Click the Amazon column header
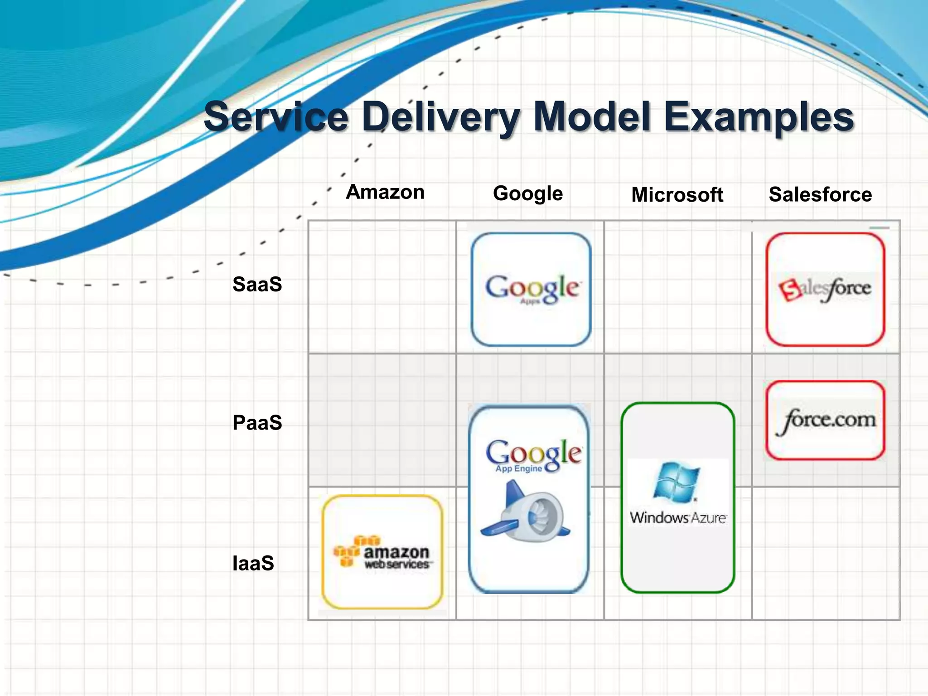(385, 193)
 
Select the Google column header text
(528, 194)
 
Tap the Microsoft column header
(677, 195)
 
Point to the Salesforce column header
(820, 195)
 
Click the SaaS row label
(257, 285)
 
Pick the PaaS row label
(257, 423)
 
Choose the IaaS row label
(253, 563)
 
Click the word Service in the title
(276, 117)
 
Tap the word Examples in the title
(759, 117)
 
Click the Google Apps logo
(532, 289)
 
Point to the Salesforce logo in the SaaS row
(825, 289)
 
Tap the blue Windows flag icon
(677, 483)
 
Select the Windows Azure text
(678, 517)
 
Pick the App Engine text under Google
(518, 469)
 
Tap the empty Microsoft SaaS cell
(678, 287)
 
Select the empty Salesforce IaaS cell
(826, 553)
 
